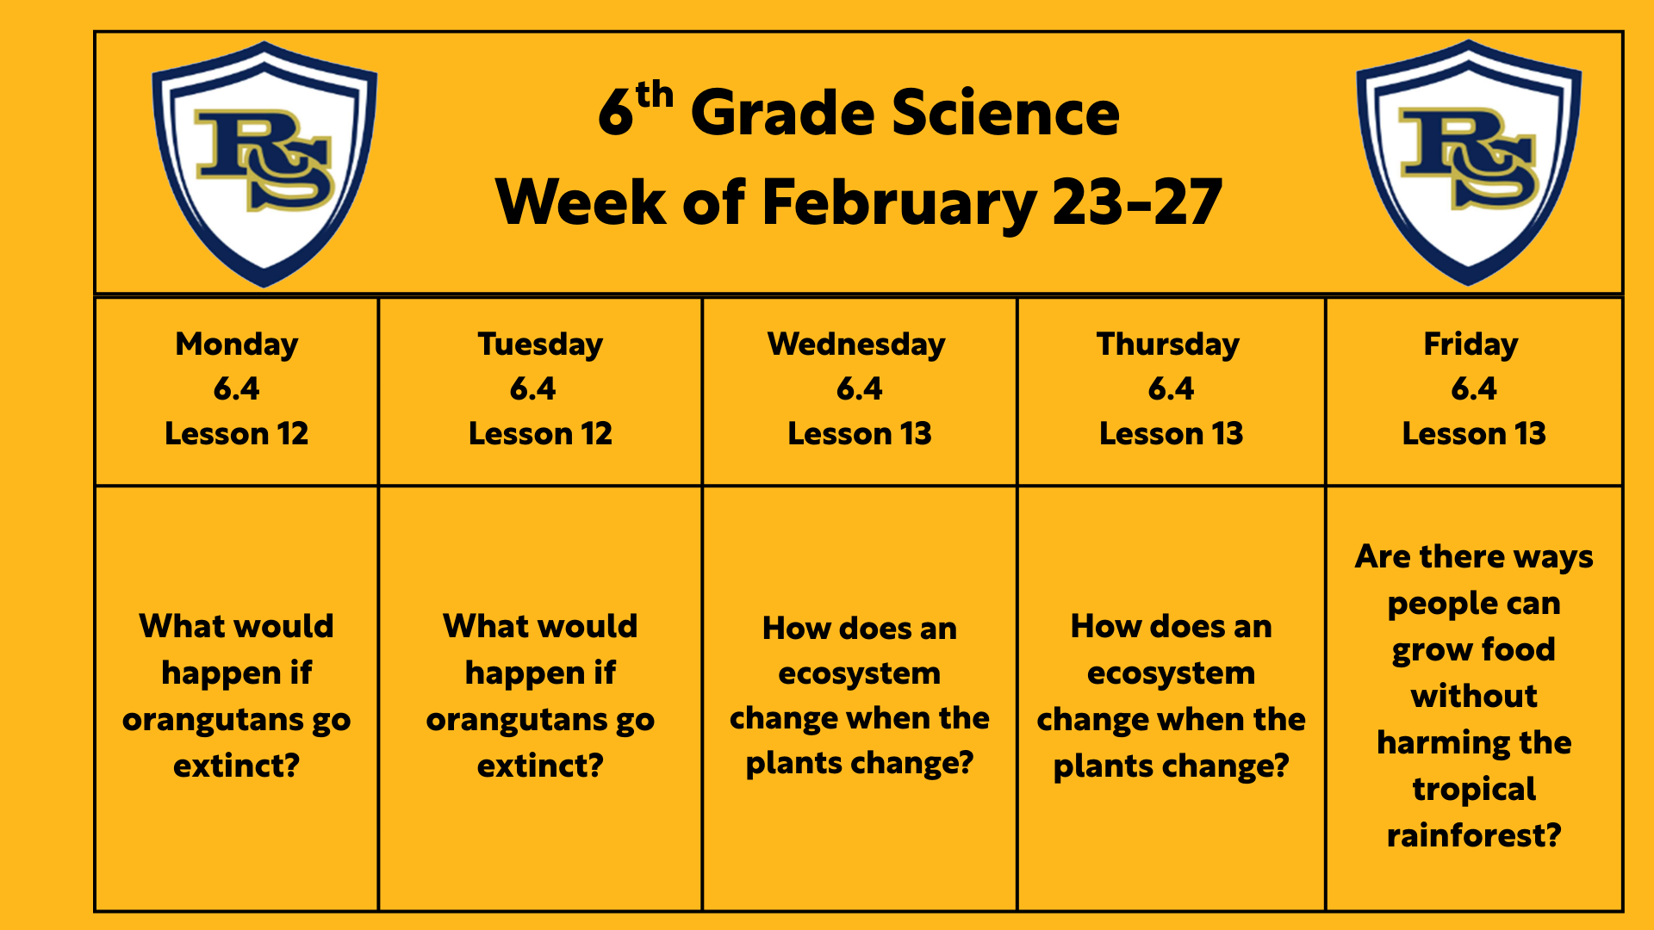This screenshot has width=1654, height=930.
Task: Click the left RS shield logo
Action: click(264, 164)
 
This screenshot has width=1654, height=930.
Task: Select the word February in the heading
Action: click(899, 203)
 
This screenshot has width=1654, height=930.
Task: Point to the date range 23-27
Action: click(1137, 202)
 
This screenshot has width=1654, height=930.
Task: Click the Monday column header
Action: click(237, 344)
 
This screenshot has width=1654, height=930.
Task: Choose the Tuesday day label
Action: click(540, 344)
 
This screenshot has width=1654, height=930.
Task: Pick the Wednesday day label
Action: click(856, 344)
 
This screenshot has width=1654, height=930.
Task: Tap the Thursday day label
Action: click(1168, 344)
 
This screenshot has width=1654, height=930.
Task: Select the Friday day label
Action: click(1471, 344)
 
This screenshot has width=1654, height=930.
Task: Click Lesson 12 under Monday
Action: click(237, 433)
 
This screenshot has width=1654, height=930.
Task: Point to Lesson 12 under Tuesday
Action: click(540, 433)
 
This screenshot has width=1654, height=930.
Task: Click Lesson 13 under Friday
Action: click(1474, 433)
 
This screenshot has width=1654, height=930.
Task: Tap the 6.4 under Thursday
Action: click(1171, 389)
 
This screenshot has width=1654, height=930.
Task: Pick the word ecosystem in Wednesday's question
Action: click(860, 674)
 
